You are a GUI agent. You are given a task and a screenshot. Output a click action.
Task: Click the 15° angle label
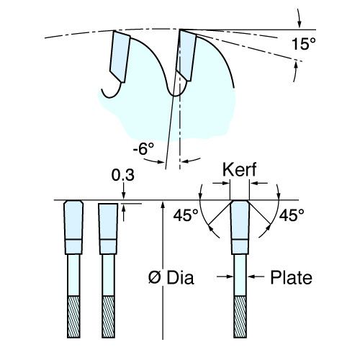click(304, 44)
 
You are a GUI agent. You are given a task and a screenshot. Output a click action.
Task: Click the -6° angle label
click(143, 149)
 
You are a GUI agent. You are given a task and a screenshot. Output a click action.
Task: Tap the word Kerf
click(240, 169)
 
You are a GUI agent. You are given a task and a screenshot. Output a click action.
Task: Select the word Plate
click(292, 277)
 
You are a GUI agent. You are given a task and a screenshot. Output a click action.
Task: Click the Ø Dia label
click(171, 278)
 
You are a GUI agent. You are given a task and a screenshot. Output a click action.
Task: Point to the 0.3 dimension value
click(122, 175)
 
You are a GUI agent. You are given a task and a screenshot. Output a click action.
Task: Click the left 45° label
click(186, 215)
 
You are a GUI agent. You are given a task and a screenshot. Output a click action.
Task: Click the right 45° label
click(292, 215)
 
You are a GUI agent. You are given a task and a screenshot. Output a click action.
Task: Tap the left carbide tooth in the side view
click(120, 57)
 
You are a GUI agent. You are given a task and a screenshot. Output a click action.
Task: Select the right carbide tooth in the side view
click(186, 55)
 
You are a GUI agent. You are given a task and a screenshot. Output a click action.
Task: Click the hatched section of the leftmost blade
click(73, 317)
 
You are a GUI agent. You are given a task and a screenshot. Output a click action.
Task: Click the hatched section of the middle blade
click(108, 317)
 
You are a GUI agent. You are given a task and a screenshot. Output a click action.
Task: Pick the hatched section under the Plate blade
click(240, 317)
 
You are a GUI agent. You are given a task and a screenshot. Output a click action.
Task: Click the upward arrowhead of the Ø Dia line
click(163, 204)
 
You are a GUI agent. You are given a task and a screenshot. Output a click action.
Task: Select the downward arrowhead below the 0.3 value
click(124, 195)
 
